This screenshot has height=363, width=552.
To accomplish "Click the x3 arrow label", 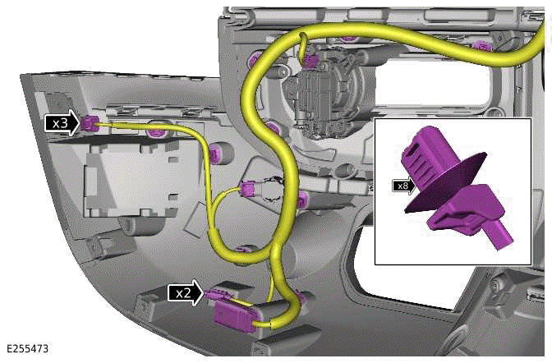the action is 62,123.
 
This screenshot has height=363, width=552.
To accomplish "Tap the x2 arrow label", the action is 186,292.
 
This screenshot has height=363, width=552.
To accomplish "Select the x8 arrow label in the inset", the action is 404,186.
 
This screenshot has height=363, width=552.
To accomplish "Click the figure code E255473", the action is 27,348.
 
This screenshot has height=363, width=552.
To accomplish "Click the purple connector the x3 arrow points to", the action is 88,123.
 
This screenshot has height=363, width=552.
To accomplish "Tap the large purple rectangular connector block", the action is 234,316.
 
